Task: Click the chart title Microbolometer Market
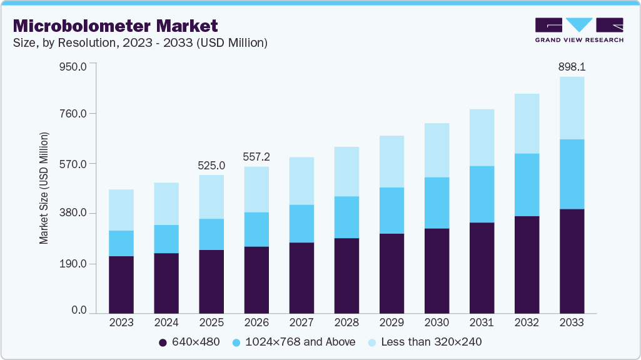[x=116, y=26]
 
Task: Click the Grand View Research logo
[x=579, y=29]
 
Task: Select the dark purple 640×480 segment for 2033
[x=572, y=261]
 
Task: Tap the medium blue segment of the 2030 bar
[x=437, y=202]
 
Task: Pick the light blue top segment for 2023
[x=121, y=210]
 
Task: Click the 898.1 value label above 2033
[x=572, y=66]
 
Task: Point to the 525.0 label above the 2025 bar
[x=211, y=166]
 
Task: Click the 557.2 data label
[x=256, y=156]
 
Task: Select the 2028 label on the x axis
[x=346, y=323]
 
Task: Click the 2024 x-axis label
[x=166, y=323]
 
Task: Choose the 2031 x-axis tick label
[x=482, y=323]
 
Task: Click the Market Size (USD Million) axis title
[x=44, y=187]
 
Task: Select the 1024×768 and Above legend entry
[x=293, y=342]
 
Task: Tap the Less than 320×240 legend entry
[x=425, y=342]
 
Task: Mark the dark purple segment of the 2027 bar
[x=301, y=277]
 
